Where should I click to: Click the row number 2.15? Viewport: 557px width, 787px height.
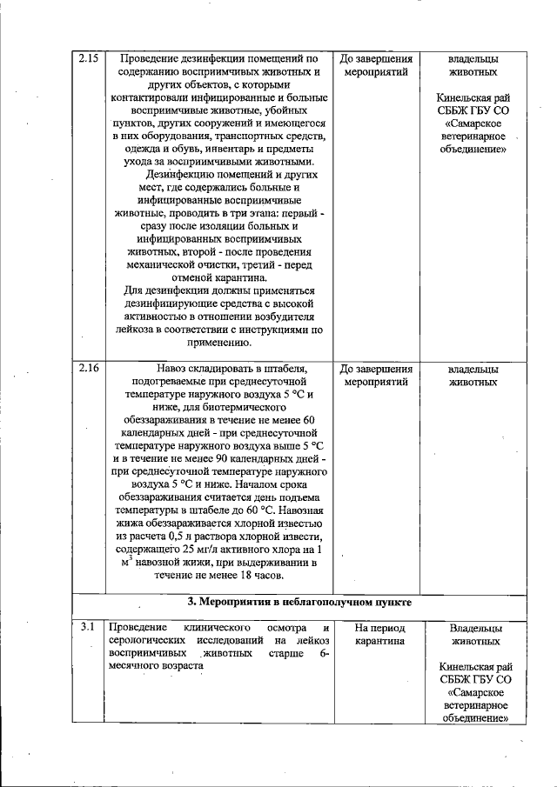pyautogui.click(x=88, y=58)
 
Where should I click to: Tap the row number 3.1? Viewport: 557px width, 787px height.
pyautogui.click(x=87, y=627)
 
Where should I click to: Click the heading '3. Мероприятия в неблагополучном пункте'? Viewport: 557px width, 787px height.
pyautogui.click(x=299, y=601)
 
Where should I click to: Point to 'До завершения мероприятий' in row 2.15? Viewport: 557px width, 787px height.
pyautogui.click(x=376, y=65)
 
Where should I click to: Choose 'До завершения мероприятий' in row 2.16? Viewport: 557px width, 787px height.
pyautogui.click(x=376, y=375)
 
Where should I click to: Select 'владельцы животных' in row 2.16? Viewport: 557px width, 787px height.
pyautogui.click(x=473, y=375)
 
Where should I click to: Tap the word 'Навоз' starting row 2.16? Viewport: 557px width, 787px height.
pyautogui.click(x=175, y=368)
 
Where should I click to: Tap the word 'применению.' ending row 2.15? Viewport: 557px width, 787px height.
pyautogui.click(x=217, y=343)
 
